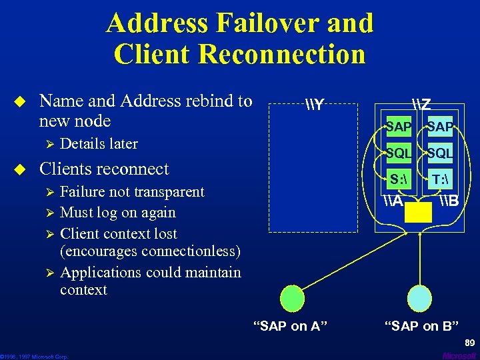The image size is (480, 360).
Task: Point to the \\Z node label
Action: click(421, 105)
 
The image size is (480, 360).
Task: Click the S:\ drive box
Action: click(399, 179)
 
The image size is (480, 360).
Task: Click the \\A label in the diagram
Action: click(394, 199)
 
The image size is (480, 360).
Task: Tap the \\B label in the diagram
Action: click(448, 199)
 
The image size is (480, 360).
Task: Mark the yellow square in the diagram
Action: click(419, 212)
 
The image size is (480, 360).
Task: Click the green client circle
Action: click(293, 297)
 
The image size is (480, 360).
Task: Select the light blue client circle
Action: click(419, 297)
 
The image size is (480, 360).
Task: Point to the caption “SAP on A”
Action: click(291, 326)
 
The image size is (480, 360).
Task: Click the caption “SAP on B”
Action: click(421, 326)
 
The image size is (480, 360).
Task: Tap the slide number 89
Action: click(469, 342)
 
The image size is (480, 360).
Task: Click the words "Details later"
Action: click(99, 144)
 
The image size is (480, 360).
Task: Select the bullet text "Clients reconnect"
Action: click(105, 169)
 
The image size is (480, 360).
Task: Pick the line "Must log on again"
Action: click(118, 213)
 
